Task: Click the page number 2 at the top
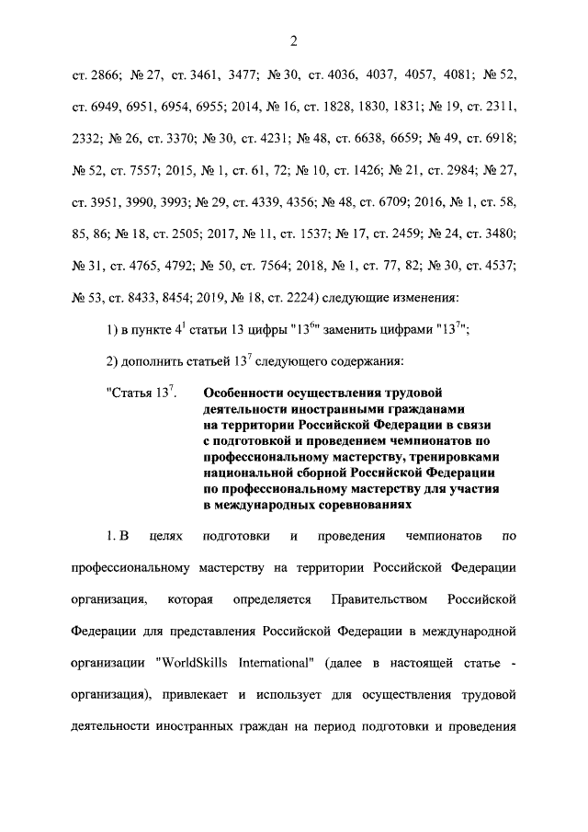click(x=293, y=40)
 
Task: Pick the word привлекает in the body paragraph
click(x=203, y=693)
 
